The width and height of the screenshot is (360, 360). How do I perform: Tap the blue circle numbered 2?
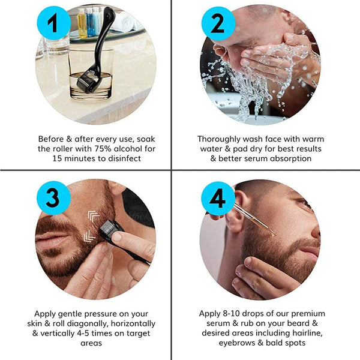click(217, 25)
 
